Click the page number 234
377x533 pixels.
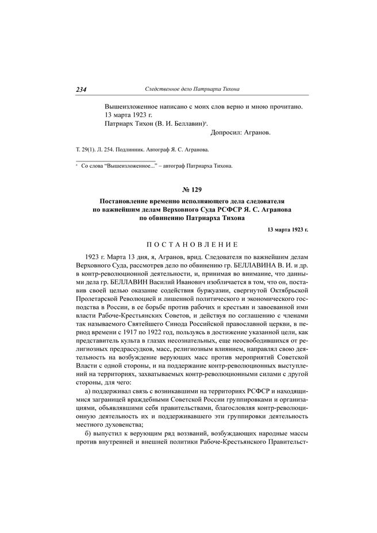pyautogui.click(x=81, y=90)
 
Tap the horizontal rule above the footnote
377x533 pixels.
pyautogui.click(x=115, y=159)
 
